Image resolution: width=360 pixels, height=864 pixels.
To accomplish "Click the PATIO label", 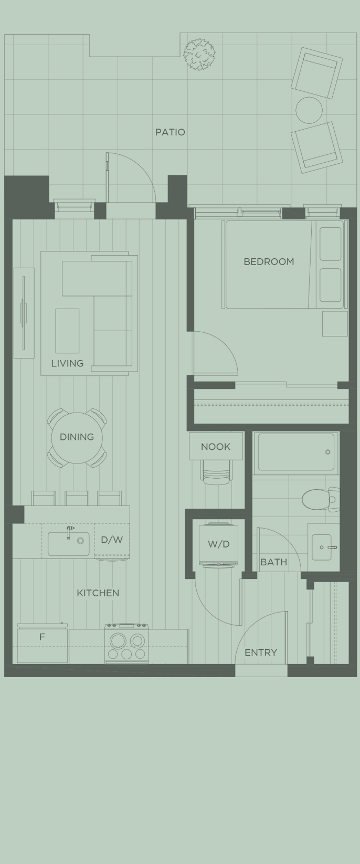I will (x=170, y=132).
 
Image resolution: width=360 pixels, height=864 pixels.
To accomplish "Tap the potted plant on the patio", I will (x=199, y=54).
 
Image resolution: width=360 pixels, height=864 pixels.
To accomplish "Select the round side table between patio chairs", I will (x=309, y=110).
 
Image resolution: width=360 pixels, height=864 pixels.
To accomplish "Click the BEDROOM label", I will (x=269, y=261).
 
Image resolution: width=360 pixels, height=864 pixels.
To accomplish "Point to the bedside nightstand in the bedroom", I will (x=334, y=323).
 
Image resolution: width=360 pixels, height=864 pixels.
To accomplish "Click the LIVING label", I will (x=67, y=363).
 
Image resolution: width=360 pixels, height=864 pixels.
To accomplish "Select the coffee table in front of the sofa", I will (x=67, y=331).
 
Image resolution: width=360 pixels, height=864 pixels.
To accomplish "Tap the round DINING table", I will (x=77, y=437).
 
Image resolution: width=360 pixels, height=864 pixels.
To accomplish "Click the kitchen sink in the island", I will (x=68, y=544).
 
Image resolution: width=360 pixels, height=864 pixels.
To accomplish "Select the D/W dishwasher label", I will (x=112, y=540).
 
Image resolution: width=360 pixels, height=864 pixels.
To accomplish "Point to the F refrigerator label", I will (x=42, y=637).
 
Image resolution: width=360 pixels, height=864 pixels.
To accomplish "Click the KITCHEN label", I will (x=98, y=593).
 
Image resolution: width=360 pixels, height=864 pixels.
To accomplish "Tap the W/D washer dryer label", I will (x=218, y=544).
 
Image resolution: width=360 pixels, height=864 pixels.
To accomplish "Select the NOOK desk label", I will (x=216, y=447).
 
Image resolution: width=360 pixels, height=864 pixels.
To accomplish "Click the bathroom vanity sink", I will (x=322, y=547).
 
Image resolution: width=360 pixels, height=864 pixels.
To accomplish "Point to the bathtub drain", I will (x=327, y=452).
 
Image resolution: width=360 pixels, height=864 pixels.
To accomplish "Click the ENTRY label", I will (x=261, y=652).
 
